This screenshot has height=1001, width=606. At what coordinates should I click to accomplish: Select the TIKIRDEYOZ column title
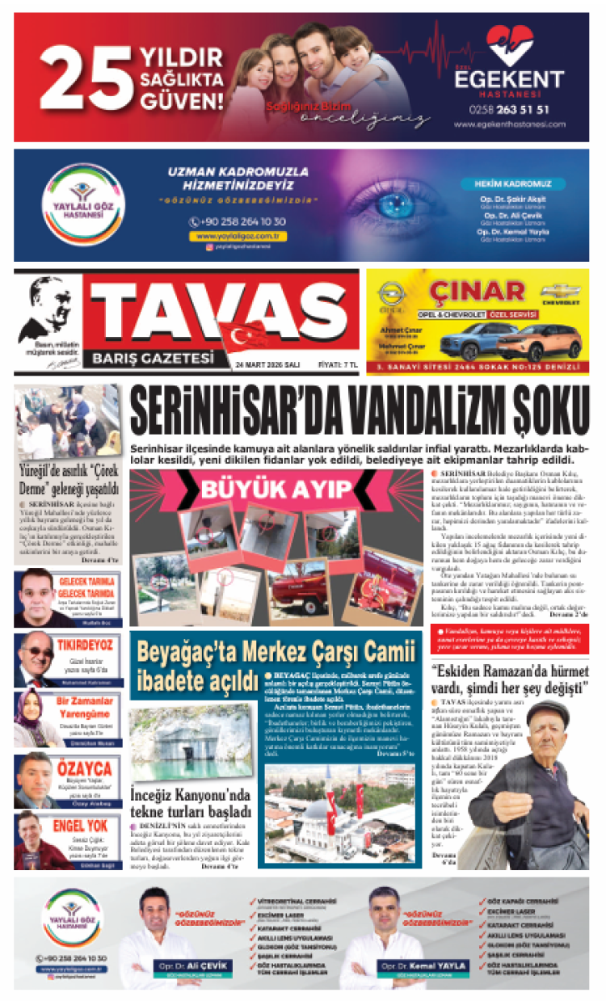tap(84, 645)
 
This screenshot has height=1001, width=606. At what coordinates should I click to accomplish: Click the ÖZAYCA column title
tap(84, 768)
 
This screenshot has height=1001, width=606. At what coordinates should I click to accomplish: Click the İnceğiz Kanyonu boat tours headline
tap(191, 802)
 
